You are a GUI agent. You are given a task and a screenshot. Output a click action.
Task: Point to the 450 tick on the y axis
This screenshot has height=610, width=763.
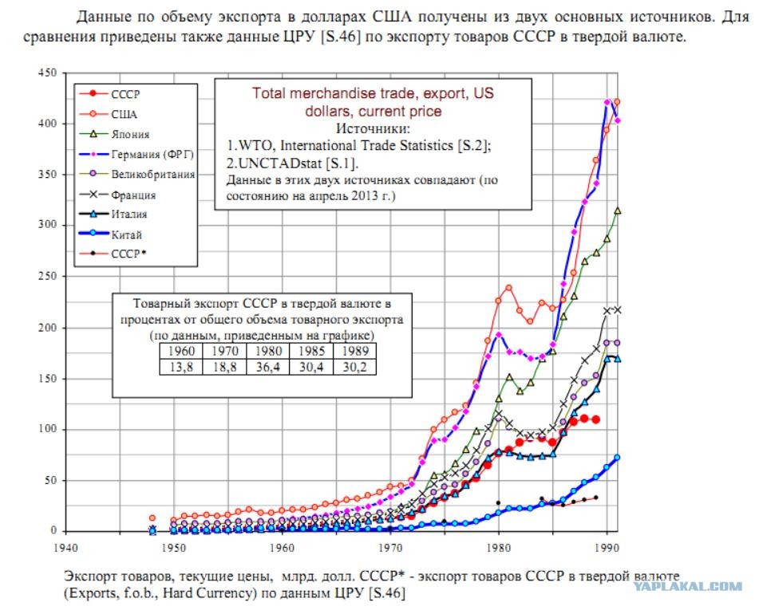point(47,73)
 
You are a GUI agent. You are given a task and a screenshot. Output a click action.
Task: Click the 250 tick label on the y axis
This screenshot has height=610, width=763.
point(47,276)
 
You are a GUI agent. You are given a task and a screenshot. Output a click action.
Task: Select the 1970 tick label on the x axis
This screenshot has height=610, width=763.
point(390,548)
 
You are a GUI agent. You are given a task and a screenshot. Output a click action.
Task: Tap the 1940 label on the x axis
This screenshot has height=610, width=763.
point(65,548)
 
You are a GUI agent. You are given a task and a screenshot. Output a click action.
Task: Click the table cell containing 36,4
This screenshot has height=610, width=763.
point(268,367)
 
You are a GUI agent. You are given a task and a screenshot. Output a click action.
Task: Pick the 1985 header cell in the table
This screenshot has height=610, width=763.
point(311,351)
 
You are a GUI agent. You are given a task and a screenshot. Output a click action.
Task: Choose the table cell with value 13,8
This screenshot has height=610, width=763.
point(181,367)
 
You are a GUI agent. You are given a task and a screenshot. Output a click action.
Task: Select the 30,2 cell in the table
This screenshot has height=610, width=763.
point(354,367)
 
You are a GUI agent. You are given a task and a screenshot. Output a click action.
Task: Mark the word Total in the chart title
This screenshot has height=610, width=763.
point(268,93)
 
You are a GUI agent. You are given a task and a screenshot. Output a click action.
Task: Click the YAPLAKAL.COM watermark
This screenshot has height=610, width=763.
point(688,586)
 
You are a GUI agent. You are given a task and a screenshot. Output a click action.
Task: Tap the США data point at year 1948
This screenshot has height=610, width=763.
point(152,518)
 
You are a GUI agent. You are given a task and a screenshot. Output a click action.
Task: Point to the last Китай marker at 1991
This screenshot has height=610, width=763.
point(618,458)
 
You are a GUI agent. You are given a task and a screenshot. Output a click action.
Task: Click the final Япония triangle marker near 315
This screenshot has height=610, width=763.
point(618,211)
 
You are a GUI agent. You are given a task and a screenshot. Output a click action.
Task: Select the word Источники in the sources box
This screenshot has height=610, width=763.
point(373,129)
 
